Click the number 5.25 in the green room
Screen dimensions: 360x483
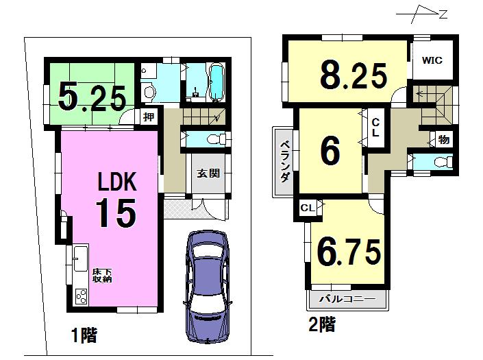[x=91, y=96]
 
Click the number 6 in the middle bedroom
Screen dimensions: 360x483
[x=330, y=152]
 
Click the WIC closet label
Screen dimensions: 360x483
[x=432, y=60]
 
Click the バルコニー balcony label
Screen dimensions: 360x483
[x=347, y=300]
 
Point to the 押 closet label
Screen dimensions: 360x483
[x=149, y=117]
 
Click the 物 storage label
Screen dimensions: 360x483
[x=443, y=140]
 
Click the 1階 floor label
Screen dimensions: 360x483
[x=84, y=335]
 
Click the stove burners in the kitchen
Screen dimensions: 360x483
[x=79, y=297]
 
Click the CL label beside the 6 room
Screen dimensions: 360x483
[x=375, y=128]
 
